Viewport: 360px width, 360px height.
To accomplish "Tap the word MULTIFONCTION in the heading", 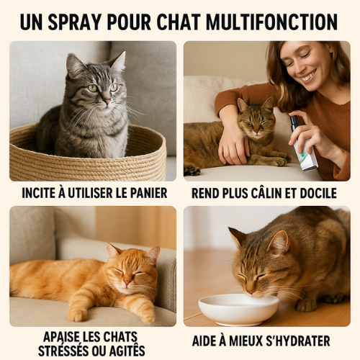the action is [x=271, y=22].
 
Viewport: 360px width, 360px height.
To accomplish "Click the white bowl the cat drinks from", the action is [x=238, y=310].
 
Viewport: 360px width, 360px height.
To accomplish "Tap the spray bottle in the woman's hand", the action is [x=303, y=145].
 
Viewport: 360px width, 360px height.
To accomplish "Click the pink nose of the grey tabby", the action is [x=107, y=101].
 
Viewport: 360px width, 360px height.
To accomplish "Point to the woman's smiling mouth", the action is [x=309, y=76].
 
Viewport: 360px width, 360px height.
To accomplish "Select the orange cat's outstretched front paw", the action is [x=77, y=314].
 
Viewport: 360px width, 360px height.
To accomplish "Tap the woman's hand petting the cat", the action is [x=233, y=147].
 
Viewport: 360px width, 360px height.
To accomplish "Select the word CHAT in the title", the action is [x=179, y=22].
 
